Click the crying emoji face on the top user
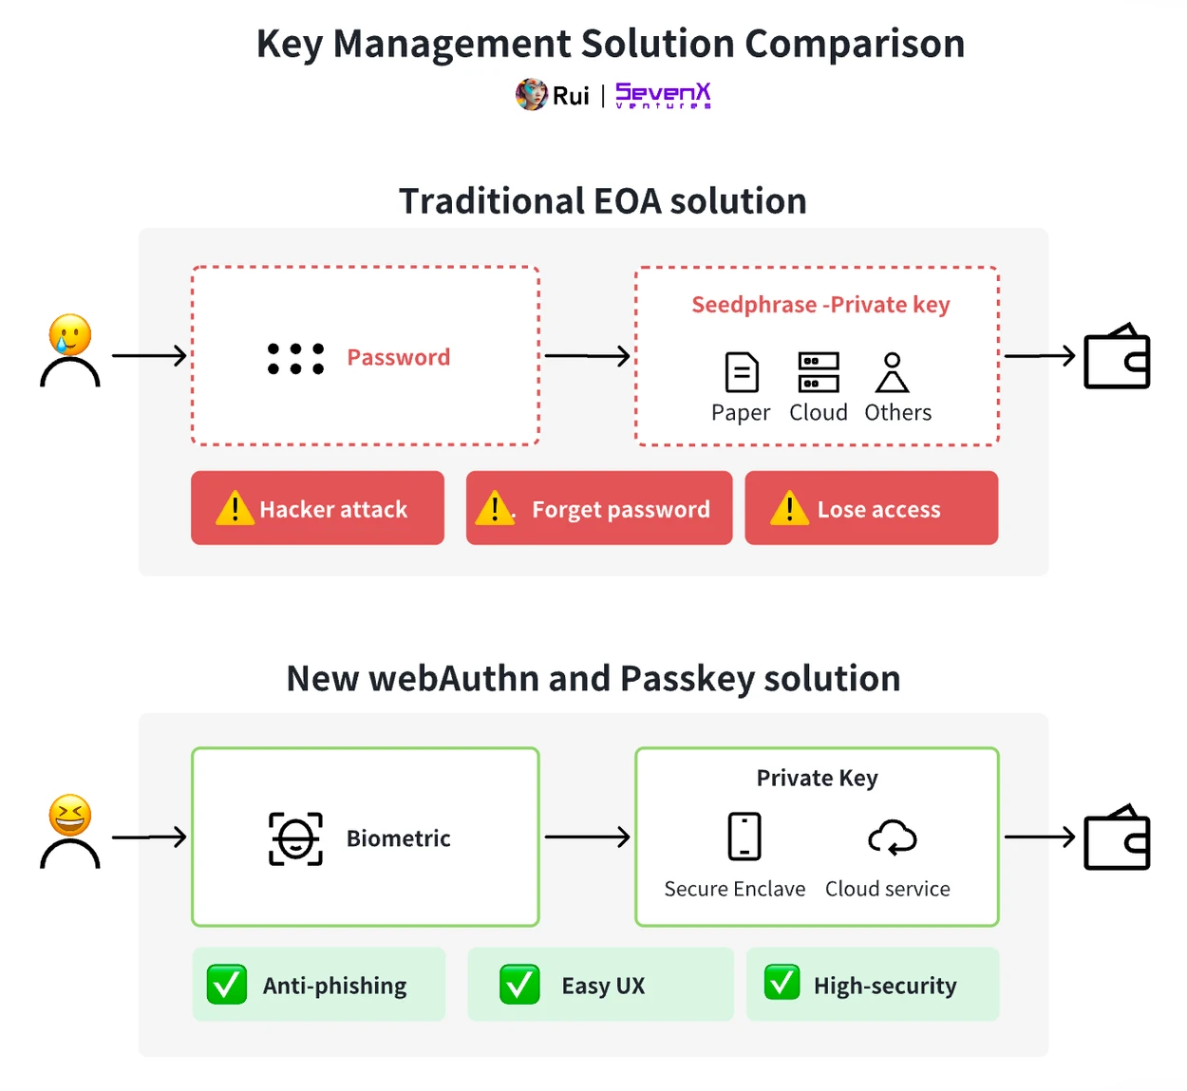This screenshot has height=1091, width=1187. pos(70,334)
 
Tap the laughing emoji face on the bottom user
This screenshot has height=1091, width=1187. pos(70,816)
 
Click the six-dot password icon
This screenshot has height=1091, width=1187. pos(295,358)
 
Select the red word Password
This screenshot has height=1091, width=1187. pos(398,357)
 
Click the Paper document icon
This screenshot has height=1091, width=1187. pos(742,372)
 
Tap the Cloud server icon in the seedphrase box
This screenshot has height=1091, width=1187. pos(819,372)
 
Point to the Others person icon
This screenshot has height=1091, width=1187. pos(892,372)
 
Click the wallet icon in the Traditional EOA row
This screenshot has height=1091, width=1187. pos(1117,357)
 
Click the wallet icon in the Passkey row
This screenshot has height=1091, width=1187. pos(1117,838)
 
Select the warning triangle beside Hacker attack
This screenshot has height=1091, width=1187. pos(235,509)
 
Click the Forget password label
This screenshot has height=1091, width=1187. pos(620,510)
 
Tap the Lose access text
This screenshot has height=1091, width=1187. pos(878,510)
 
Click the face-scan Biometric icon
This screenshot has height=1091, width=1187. pos(295,838)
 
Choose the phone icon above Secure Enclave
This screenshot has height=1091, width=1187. pos(744,837)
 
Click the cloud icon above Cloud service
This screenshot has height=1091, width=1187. pos(892,837)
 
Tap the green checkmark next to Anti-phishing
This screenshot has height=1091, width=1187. pos(227,985)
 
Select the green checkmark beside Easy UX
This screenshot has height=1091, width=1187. pos(519,985)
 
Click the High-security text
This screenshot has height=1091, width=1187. pos(885,986)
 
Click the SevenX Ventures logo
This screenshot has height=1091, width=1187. pos(663,95)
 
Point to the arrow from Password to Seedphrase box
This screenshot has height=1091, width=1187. pos(587,356)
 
